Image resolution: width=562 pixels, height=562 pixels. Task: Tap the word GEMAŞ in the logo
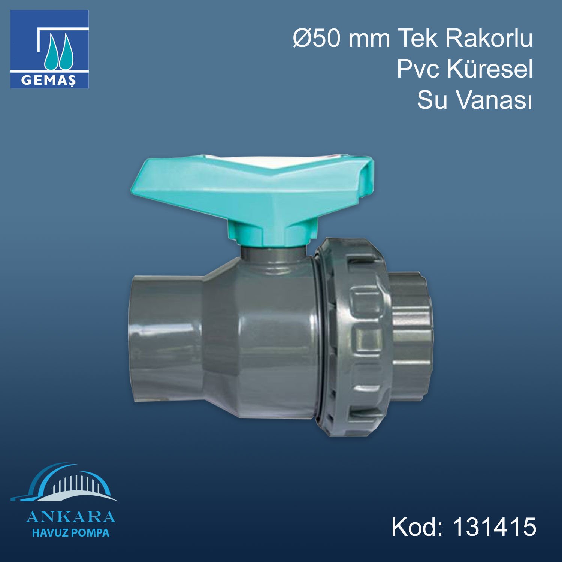point(49,80)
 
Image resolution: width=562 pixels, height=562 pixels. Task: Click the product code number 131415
point(495,527)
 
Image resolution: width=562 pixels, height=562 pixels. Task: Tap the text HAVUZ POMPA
point(70,533)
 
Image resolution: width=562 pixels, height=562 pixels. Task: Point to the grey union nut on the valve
point(352,337)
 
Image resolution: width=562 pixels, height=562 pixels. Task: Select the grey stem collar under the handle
point(274,255)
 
